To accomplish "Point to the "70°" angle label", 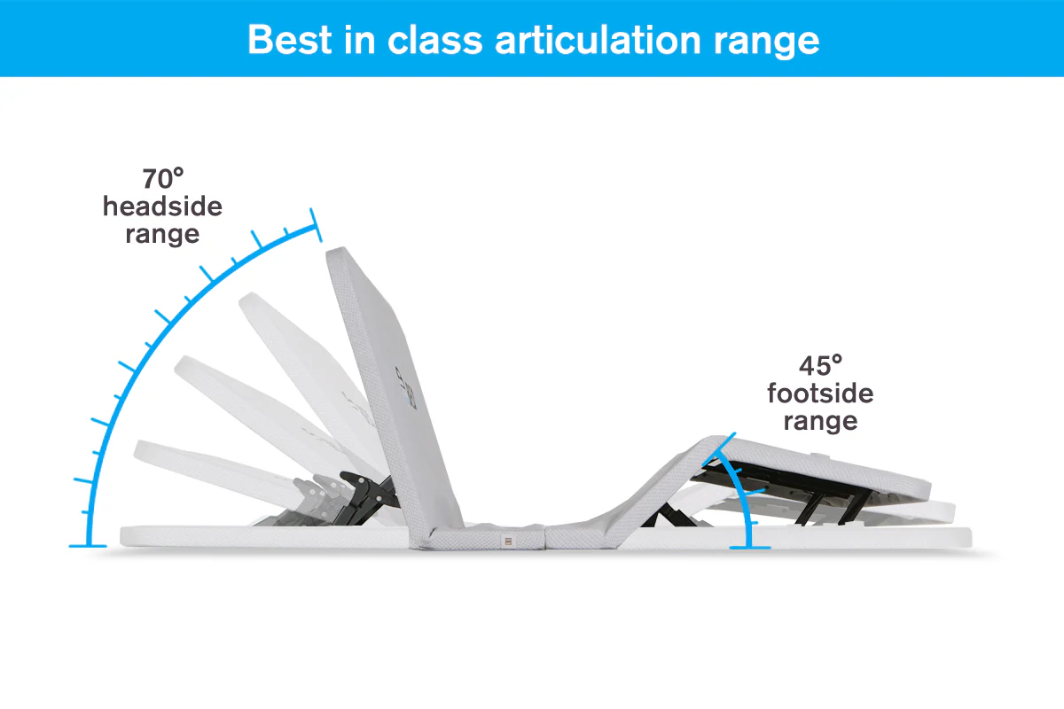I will (162, 178).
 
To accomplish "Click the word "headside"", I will (162, 206).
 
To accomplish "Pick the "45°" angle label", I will (820, 365).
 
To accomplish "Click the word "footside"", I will (820, 393).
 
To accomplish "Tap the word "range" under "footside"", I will (820, 420).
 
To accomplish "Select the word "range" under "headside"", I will (162, 235).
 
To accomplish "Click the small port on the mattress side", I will (506, 539).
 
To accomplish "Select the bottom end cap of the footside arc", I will (749, 547).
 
